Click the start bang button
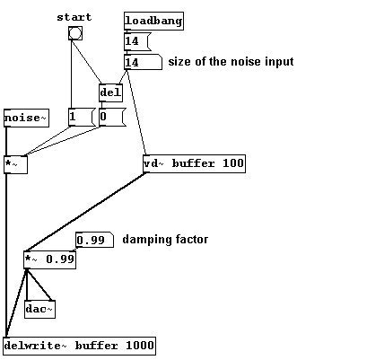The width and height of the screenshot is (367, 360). [74, 33]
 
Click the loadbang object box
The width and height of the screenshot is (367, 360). [153, 21]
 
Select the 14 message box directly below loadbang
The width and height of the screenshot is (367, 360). [137, 41]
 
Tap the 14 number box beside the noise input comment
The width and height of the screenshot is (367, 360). [143, 62]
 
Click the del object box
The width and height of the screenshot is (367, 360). [110, 92]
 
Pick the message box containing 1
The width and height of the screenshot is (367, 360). [82, 118]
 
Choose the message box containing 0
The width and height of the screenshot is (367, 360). [112, 118]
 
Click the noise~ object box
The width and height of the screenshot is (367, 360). [26, 118]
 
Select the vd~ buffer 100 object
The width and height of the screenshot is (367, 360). [194, 163]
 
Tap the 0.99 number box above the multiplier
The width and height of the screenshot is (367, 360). [94, 240]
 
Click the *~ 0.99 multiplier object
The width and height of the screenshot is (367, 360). [49, 259]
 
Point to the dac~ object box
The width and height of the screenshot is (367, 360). [39, 309]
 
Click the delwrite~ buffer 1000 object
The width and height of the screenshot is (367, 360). [80, 346]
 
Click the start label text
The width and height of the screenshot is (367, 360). [74, 17]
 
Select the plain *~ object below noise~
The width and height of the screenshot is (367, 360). [15, 164]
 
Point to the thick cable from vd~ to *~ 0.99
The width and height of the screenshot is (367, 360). [86, 212]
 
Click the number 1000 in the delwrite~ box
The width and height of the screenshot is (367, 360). [140, 346]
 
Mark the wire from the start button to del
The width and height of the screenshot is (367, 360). [87, 62]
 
